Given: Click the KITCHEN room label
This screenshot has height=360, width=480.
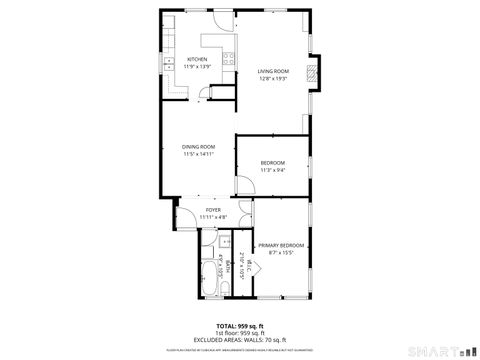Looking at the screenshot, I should pos(197,59).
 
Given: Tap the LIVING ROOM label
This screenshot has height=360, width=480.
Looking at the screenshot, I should pos(272,70).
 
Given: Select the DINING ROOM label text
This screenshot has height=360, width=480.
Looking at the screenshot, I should pos(198,147).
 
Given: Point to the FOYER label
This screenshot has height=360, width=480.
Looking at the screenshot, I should pos(213,209).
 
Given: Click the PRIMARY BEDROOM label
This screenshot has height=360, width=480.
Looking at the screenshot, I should pos(281,245).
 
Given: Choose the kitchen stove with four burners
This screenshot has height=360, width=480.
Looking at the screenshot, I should pos(228,56).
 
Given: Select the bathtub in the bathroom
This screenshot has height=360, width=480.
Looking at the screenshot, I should pos(206,270).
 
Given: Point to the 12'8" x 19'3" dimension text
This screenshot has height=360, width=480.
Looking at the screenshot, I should pos(272,78).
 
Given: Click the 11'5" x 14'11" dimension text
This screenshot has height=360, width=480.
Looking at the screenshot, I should pos(198,155).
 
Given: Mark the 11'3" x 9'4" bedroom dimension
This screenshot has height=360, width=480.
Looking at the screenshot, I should pos(272,170).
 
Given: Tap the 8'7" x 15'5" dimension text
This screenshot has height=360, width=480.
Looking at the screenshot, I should pos(281,253).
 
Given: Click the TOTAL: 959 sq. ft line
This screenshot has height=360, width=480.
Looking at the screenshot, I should pos(240,326).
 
